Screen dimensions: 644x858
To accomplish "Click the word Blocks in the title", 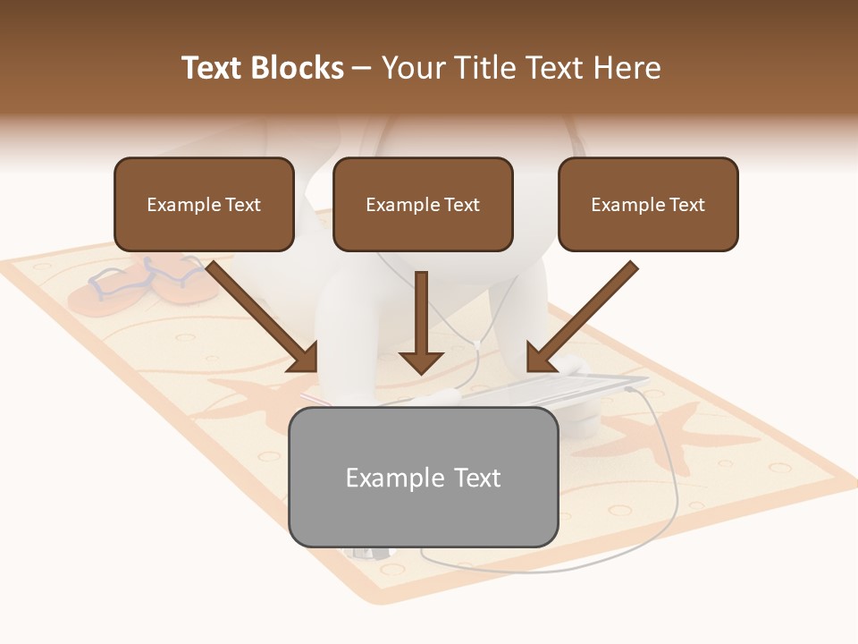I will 299,68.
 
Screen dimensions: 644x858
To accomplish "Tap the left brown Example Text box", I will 204,204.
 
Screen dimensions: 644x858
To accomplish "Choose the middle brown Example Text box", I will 423,204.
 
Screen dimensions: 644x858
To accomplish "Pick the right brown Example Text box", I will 648,204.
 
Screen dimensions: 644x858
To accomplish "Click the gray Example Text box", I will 423,477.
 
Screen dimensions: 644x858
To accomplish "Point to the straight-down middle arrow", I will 421,322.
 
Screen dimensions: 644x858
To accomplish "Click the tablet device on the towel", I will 554,389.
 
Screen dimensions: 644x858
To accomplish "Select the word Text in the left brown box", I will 242,204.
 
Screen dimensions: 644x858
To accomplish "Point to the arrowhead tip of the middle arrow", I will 421,371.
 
